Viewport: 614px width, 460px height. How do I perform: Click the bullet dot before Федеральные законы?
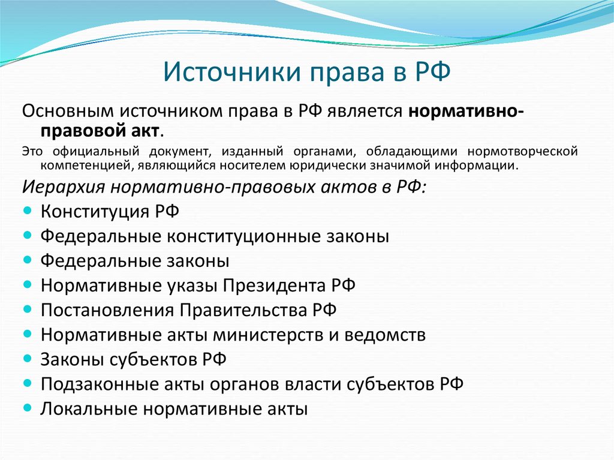click(30, 260)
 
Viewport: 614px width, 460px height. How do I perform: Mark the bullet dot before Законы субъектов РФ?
click(30, 359)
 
